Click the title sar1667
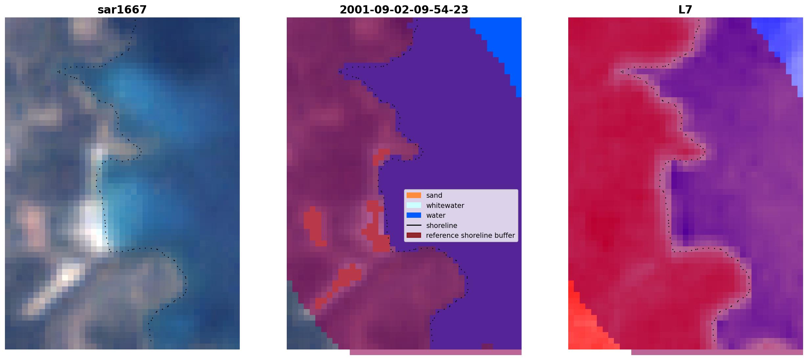(122, 10)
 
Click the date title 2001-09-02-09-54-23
(404, 10)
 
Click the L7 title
(685, 10)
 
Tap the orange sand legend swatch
(414, 195)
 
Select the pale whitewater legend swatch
(414, 205)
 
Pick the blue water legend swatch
(414, 215)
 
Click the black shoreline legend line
(414, 225)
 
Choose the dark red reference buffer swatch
(414, 236)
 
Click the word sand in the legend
(434, 195)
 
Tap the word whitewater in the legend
(445, 206)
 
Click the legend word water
(436, 215)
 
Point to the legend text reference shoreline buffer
(470, 236)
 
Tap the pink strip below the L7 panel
(717, 352)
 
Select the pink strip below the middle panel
(436, 352)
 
